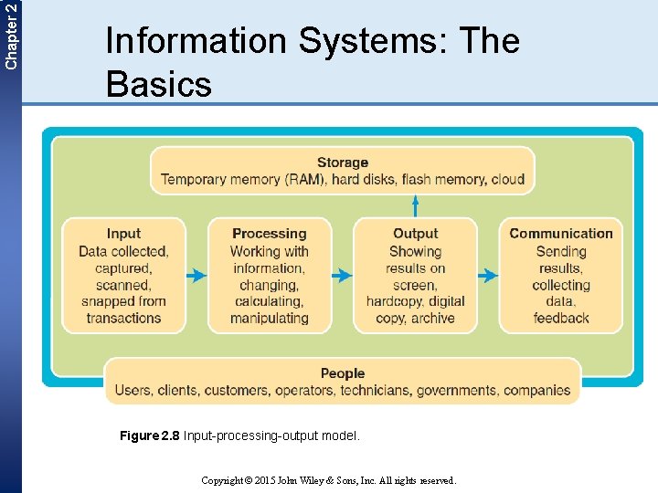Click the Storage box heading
(343, 163)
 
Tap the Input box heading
(123, 234)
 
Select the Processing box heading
(269, 234)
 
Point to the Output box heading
(415, 234)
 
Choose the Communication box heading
(561, 234)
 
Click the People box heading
(343, 373)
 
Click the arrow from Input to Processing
(196, 275)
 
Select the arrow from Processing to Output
(341, 275)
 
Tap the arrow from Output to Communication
(488, 275)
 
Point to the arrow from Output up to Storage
(416, 206)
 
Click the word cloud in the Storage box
(508, 179)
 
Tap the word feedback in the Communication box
(561, 318)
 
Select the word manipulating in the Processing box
(269, 318)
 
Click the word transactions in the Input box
(123, 318)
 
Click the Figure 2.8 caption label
(151, 436)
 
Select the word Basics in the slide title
(159, 84)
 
